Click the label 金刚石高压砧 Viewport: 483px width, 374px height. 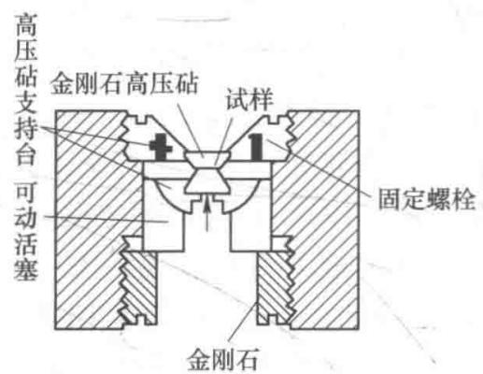pyautogui.click(x=124, y=84)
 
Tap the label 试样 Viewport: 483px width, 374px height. pyautogui.click(x=249, y=99)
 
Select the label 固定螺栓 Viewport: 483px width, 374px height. pyautogui.click(x=427, y=198)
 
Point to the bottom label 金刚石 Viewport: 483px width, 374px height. pyautogui.click(x=222, y=359)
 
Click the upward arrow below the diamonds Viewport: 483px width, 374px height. pyautogui.click(x=206, y=213)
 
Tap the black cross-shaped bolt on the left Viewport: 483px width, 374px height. pyautogui.click(x=160, y=147)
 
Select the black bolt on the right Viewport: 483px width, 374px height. pyautogui.click(x=256, y=147)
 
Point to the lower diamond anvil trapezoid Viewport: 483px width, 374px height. pyautogui.click(x=206, y=182)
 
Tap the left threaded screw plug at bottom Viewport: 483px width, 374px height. pyautogui.click(x=139, y=288)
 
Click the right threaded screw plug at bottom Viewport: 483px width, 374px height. pyautogui.click(x=275, y=288)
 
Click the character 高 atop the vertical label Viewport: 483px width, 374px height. pyautogui.click(x=26, y=25)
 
